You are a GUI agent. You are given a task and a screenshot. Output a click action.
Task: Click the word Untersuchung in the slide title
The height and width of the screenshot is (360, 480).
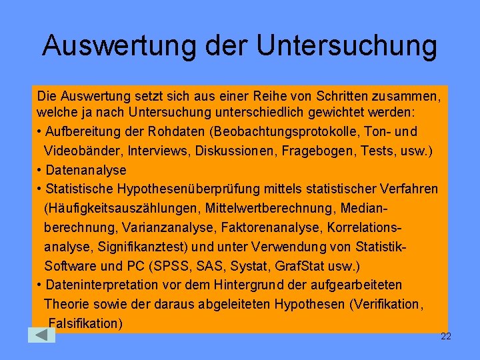coord(347,46)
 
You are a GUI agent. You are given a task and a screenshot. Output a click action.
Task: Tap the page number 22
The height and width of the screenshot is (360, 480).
coord(446,336)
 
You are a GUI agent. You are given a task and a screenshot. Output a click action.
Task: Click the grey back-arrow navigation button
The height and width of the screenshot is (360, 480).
coord(41,335)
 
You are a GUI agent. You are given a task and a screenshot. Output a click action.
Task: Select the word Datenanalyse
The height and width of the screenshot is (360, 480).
coord(85,170)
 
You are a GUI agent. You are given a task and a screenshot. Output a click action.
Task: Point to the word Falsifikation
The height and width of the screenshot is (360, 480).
coord(85,324)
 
